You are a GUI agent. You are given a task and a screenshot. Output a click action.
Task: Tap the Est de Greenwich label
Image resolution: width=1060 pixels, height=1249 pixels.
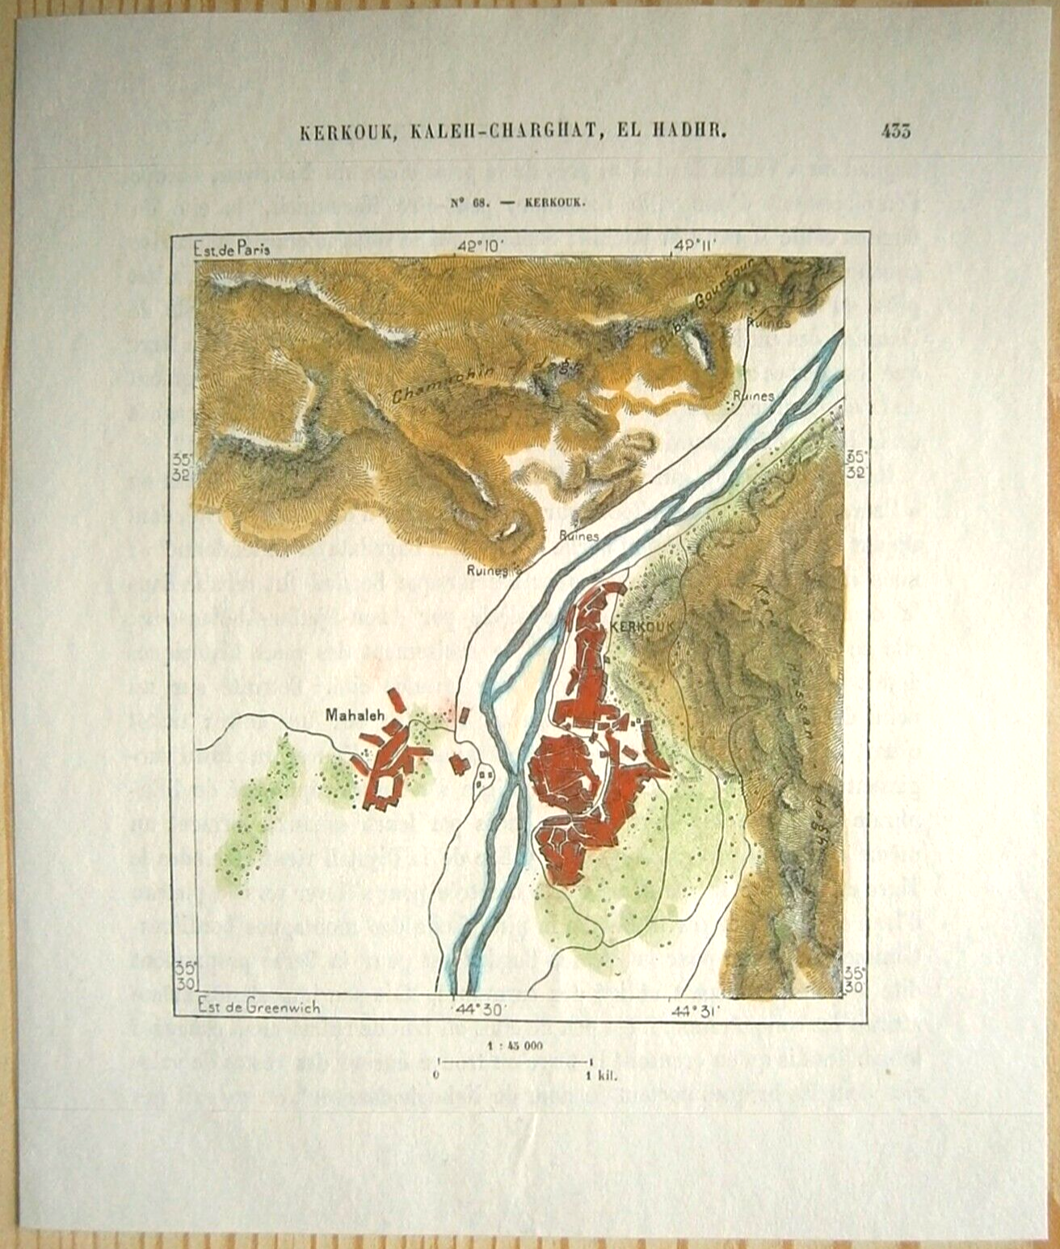(x=259, y=1007)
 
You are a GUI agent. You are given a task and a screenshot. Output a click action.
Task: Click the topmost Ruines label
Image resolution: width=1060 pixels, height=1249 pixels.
(x=768, y=322)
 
